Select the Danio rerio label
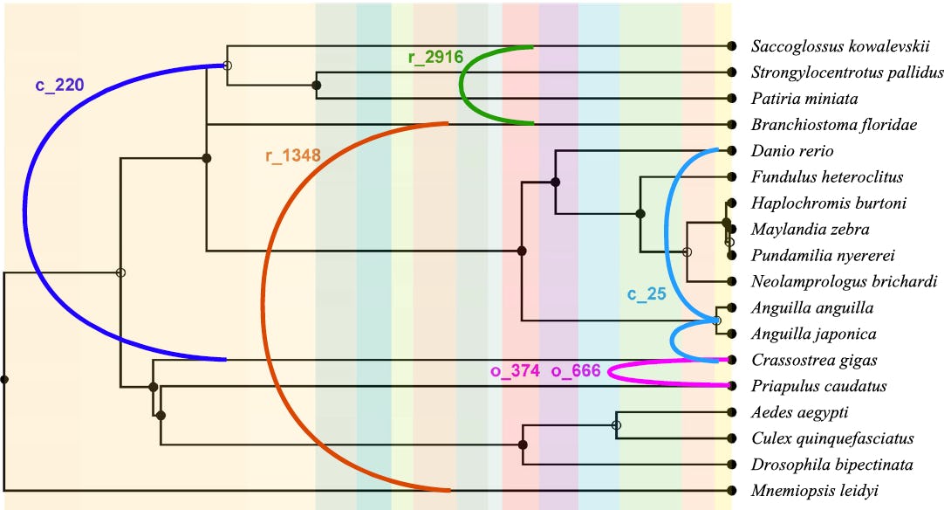(x=791, y=151)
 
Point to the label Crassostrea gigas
(x=812, y=360)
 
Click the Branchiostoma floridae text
(x=833, y=125)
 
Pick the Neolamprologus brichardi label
(x=844, y=282)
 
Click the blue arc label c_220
(x=60, y=85)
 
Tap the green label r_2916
(x=434, y=58)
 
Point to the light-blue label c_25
(x=647, y=294)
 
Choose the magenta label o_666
(x=576, y=372)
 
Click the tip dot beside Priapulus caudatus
(x=731, y=386)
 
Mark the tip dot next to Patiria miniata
(x=731, y=99)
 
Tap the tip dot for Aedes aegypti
(x=731, y=412)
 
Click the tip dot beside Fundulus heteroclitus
(x=731, y=177)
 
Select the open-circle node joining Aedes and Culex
(x=617, y=425)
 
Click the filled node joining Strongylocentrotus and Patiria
(x=316, y=86)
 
